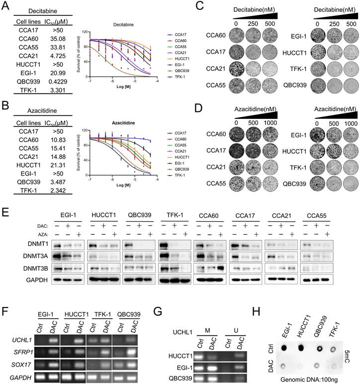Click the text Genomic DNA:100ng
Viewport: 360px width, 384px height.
(306, 376)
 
